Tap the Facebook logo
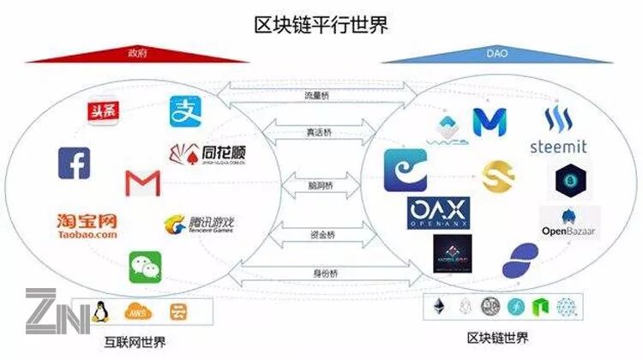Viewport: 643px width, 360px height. click(74, 163)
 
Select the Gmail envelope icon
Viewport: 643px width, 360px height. click(141, 183)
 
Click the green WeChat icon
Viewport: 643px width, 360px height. click(145, 267)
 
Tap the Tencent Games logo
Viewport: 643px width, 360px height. click(199, 226)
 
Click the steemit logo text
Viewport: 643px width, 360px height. click(558, 147)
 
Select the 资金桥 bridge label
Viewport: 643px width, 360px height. click(321, 233)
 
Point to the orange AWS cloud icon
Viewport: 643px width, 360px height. click(137, 311)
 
